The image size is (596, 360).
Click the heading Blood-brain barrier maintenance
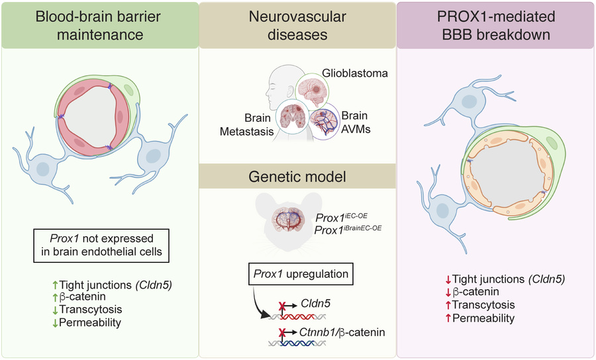[99, 24]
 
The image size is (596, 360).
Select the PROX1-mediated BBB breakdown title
[497, 24]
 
